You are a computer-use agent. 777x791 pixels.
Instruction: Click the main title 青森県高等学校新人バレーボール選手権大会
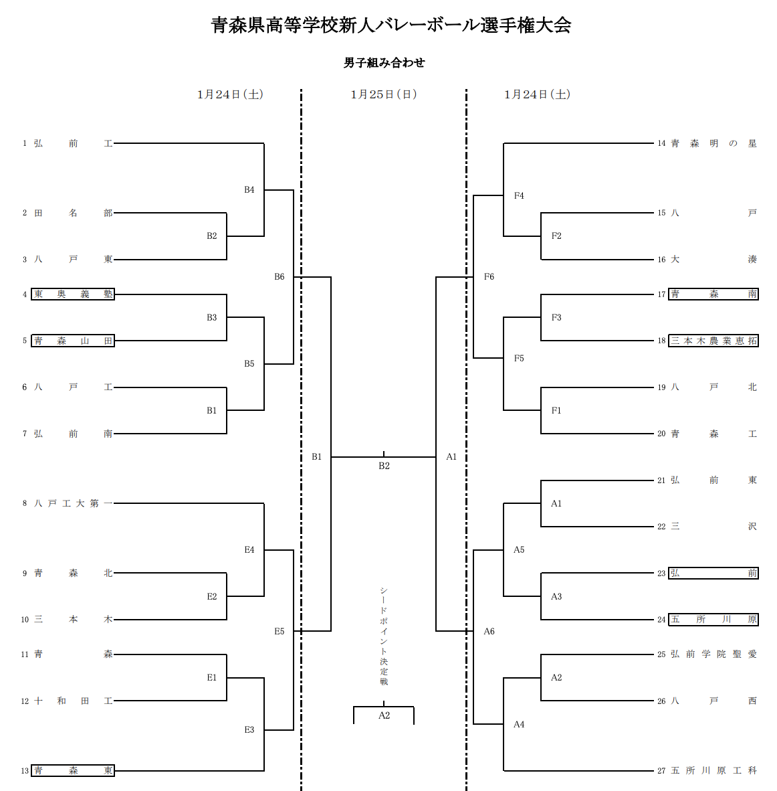pos(391,26)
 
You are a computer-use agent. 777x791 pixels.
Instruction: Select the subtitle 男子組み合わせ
pos(384,63)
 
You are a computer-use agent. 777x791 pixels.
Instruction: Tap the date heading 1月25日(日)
pos(384,94)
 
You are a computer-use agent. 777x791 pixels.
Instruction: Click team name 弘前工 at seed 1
pos(73,143)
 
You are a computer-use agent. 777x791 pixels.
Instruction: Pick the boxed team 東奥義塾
pos(73,294)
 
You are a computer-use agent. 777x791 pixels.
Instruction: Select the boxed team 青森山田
pos(73,341)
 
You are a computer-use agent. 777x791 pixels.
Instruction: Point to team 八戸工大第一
pos(73,503)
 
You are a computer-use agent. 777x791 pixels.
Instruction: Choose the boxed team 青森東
pos(73,770)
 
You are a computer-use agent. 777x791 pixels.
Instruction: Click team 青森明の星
pos(713,143)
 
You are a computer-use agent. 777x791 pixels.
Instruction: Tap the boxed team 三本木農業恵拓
pos(713,341)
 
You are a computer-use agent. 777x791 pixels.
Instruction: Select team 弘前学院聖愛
pos(713,654)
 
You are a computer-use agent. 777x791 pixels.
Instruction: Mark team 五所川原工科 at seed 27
pos(713,770)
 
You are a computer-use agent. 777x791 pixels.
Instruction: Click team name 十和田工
pos(73,701)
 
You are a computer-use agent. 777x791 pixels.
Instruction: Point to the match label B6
pos(280,277)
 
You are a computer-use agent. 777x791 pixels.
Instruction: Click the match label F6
pos(489,277)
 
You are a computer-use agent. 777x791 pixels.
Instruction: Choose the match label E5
pos(280,631)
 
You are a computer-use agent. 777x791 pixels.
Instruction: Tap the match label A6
pos(489,631)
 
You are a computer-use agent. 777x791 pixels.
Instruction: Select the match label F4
pos(519,195)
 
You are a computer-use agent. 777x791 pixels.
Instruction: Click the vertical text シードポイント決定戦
pos(384,636)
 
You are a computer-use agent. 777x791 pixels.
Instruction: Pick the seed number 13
pos(25,771)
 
